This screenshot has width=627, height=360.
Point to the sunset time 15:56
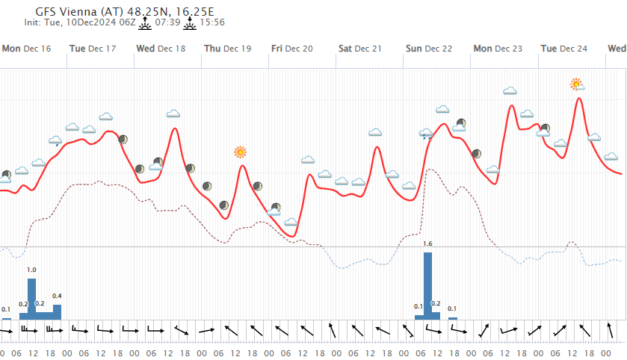click(x=211, y=23)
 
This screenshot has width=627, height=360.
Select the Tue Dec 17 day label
click(x=92, y=49)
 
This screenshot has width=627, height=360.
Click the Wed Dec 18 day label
click(x=161, y=49)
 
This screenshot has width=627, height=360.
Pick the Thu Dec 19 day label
click(x=228, y=49)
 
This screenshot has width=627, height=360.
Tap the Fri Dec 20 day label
click(x=292, y=49)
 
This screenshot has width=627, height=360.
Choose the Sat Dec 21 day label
click(x=360, y=49)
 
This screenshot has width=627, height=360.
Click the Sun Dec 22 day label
click(x=429, y=49)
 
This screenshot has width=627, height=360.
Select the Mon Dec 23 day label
click(x=498, y=49)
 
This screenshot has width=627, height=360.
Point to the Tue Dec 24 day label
click(x=564, y=49)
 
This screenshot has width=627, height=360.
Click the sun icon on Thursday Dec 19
click(x=240, y=152)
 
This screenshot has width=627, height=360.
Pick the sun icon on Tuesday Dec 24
click(x=576, y=84)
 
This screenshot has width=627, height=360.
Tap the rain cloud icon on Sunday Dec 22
click(x=426, y=135)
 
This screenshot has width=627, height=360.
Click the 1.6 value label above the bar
click(x=427, y=244)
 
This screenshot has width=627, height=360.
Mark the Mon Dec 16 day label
click(x=26, y=49)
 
